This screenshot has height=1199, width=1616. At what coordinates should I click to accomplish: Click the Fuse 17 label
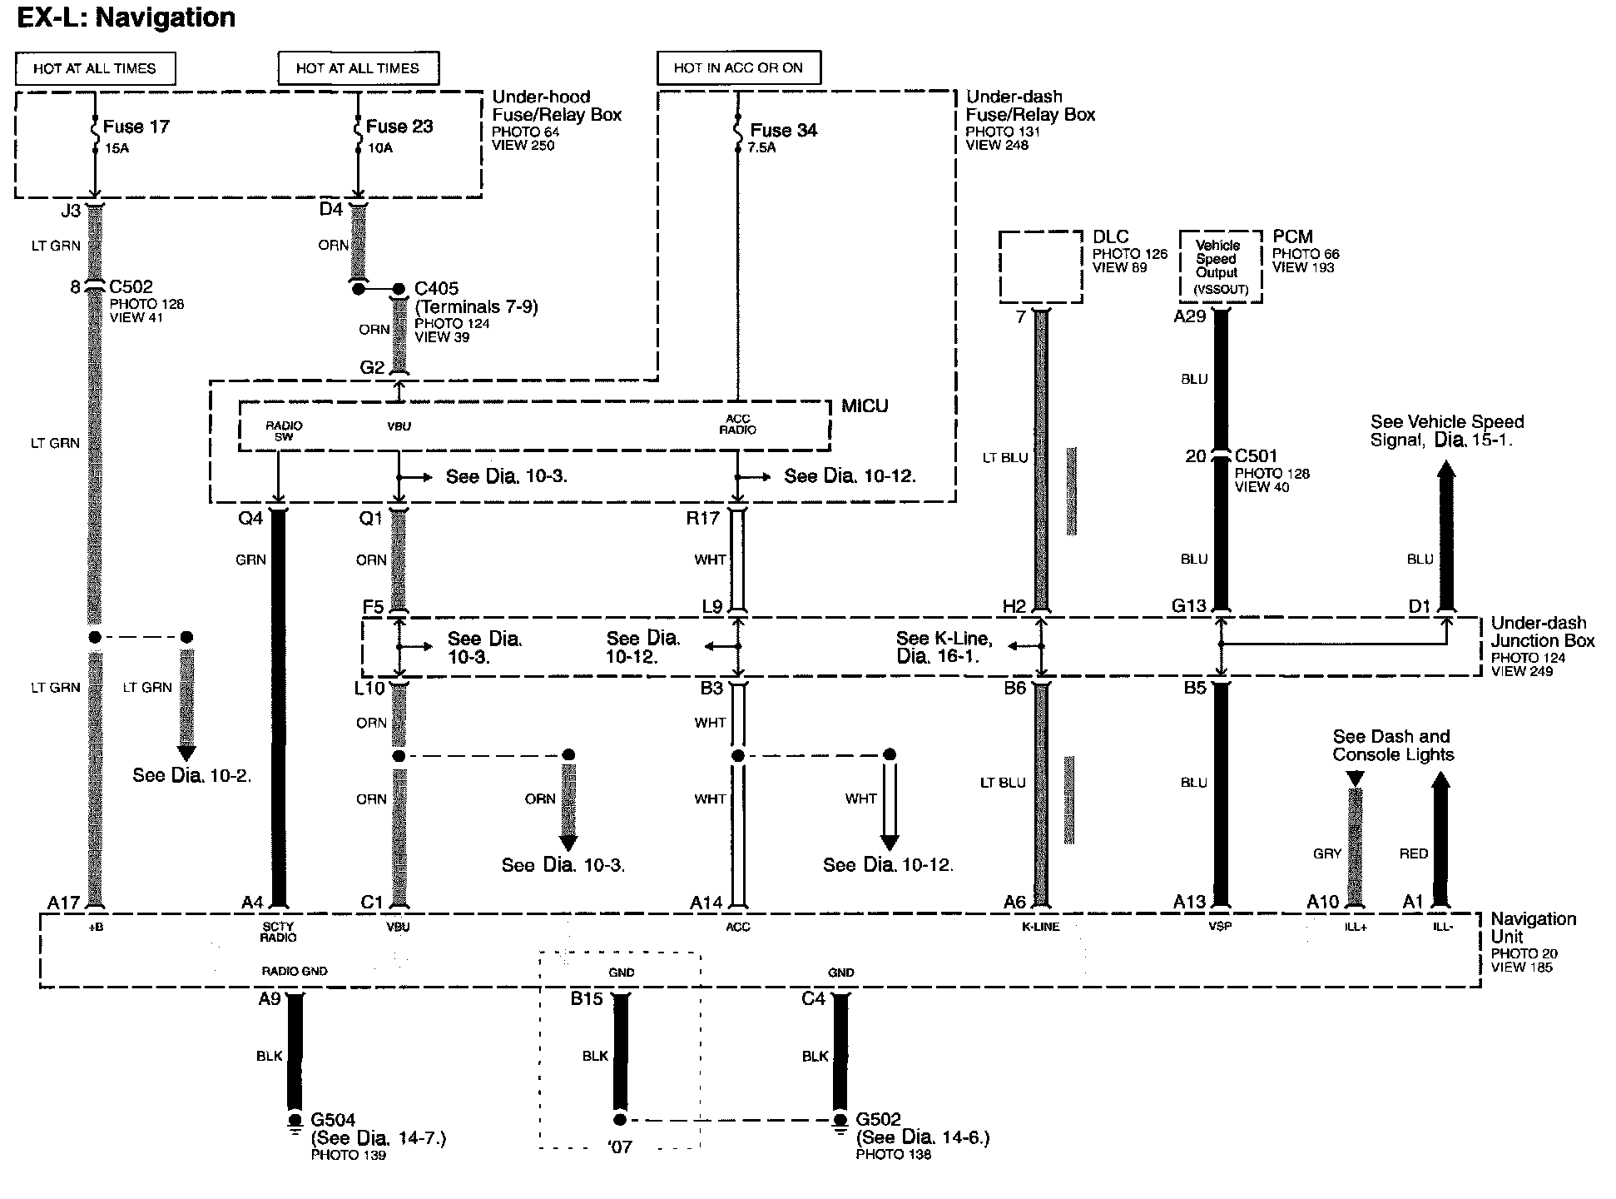click(136, 127)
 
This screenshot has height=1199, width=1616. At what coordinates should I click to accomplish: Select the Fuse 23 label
click(399, 127)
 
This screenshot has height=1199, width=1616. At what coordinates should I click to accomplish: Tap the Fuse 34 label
click(783, 130)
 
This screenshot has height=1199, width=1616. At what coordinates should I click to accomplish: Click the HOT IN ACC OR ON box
click(738, 68)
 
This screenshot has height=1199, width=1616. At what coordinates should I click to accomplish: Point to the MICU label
click(865, 405)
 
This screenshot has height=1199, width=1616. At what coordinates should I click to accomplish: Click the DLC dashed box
click(1040, 266)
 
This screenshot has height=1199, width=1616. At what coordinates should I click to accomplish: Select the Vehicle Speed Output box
click(1220, 266)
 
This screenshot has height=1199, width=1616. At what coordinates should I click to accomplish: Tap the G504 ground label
click(333, 1120)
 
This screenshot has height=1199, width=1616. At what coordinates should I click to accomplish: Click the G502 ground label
click(879, 1120)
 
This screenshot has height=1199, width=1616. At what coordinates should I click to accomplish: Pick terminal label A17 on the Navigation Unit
click(63, 903)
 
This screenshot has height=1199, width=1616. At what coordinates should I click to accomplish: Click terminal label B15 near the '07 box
click(587, 998)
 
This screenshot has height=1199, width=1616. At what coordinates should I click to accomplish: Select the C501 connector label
click(1256, 456)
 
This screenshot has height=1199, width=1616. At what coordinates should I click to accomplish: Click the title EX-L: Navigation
click(126, 17)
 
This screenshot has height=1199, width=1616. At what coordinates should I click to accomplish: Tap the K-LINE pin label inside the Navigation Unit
click(1040, 927)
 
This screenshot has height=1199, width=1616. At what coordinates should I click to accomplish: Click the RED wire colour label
click(1413, 853)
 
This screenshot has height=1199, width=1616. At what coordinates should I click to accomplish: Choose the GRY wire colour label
click(1327, 853)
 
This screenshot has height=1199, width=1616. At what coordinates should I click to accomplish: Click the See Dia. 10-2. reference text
click(191, 775)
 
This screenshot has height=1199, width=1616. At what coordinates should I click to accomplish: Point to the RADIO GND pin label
click(295, 971)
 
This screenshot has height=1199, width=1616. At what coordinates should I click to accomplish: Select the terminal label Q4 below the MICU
click(250, 518)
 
